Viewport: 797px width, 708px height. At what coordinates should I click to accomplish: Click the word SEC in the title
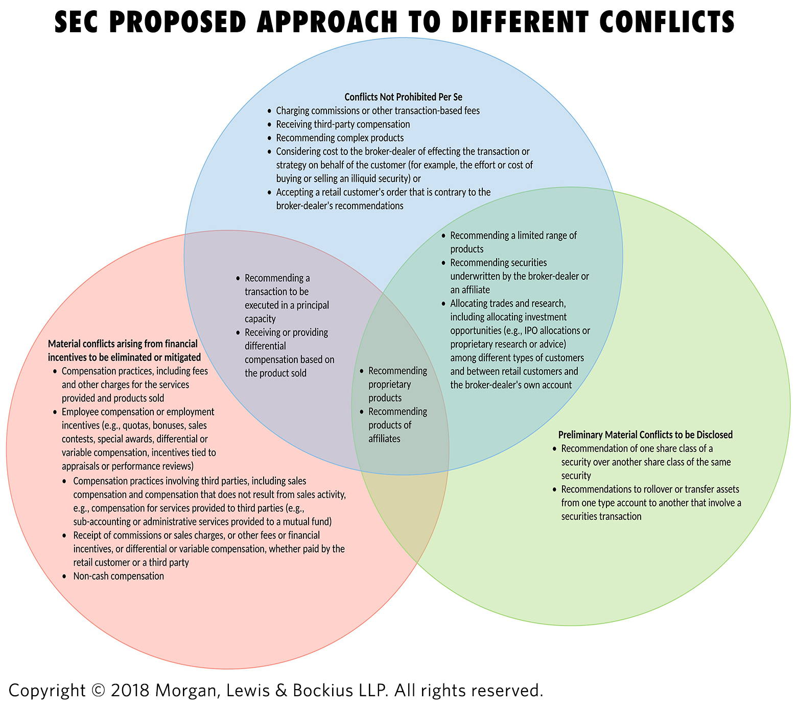[x=78, y=22]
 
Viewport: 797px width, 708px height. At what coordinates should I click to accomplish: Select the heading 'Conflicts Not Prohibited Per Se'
[x=403, y=97]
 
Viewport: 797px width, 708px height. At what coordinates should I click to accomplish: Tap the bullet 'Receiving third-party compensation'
[x=343, y=124]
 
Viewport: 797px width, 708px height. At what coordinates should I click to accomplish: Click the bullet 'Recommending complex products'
[x=340, y=138]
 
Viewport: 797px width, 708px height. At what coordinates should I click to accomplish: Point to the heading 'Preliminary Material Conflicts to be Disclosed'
[x=645, y=435]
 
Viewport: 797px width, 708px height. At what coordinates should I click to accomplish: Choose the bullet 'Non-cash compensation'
[x=119, y=576]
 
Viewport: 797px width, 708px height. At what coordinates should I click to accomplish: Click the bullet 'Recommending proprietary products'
[x=397, y=384]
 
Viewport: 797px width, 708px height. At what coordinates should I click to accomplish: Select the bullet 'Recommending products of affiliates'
[x=397, y=425]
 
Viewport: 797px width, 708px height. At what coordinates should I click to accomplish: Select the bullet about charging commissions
[x=378, y=110]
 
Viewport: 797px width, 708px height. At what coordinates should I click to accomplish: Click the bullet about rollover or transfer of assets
[x=651, y=503]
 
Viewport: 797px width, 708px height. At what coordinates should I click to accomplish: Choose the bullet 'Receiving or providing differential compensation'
[x=289, y=353]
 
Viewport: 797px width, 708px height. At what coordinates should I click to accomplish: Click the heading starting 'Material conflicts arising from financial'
[x=124, y=350]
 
